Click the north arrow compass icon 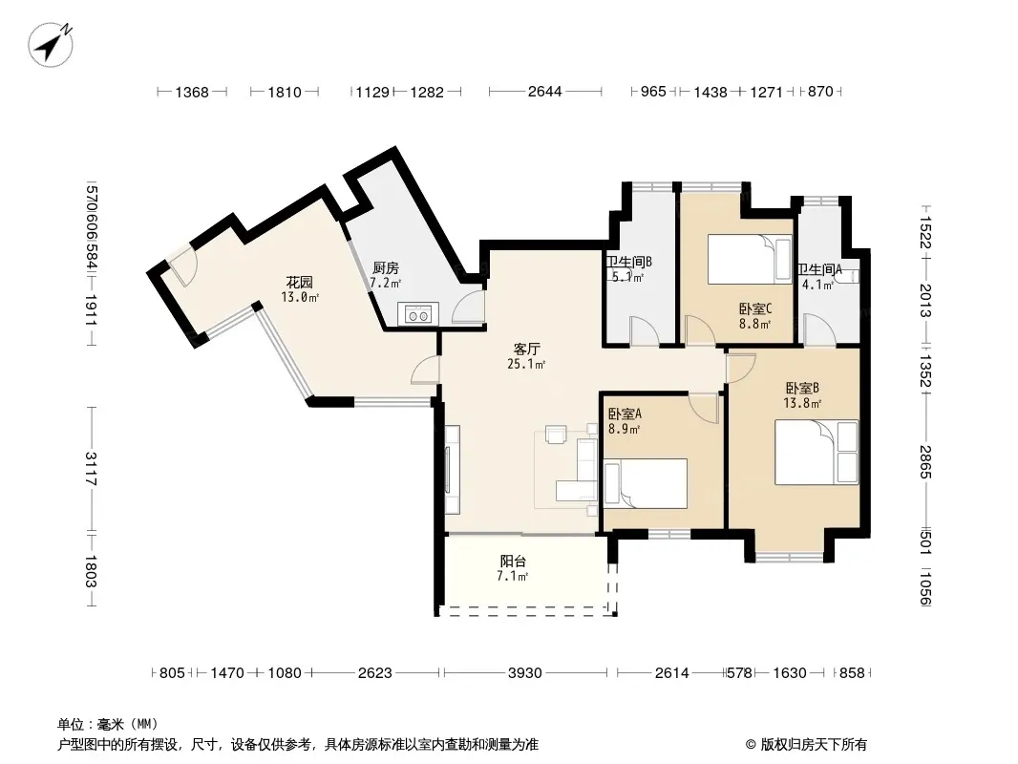coord(51,44)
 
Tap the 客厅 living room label coord(526,350)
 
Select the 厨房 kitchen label coord(386,267)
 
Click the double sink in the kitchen coord(416,315)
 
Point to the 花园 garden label coord(300,282)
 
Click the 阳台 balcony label coord(513,561)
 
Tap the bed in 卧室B coord(817,453)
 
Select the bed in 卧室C coord(750,259)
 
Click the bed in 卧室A coord(646,483)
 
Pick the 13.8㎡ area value coord(802,403)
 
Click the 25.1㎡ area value coord(526,364)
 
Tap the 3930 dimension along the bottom coord(524,672)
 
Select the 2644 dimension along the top coord(544,92)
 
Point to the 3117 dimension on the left coord(90,469)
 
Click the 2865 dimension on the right coord(925,461)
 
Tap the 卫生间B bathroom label coord(628,262)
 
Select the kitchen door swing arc coord(467,307)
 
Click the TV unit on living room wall coord(453,469)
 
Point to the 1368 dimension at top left coord(192,92)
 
